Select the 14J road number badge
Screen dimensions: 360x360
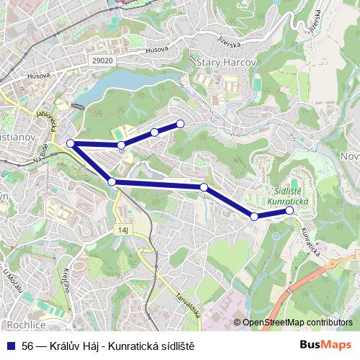[x=123, y=230]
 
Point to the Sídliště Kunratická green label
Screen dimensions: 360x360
[x=287, y=197]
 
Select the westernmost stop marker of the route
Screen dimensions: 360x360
[x=71, y=144]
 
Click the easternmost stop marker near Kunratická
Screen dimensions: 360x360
[x=289, y=211]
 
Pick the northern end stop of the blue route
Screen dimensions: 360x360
[x=180, y=123]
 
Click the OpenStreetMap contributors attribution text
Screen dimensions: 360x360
[x=297, y=323]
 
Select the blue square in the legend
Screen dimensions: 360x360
[x=10, y=345]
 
